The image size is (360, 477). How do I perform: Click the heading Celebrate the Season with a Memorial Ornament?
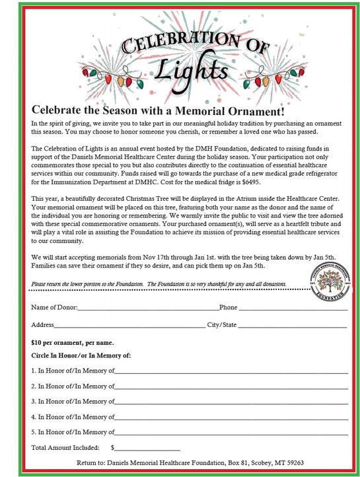point(158,110)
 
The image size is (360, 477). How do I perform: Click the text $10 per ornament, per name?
point(73,343)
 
